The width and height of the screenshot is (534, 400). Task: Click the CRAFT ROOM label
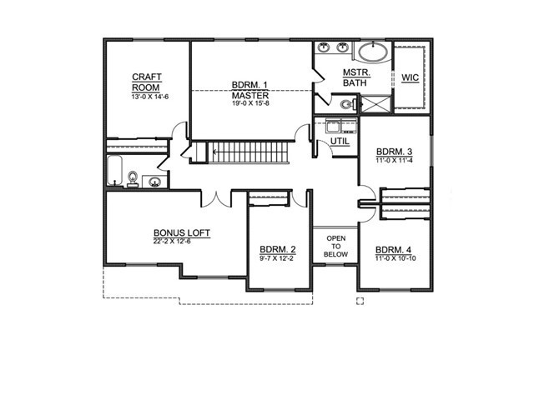pyautogui.click(x=147, y=82)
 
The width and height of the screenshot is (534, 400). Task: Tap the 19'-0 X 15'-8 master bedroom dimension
pyautogui.click(x=250, y=102)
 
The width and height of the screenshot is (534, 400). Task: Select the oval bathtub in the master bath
pyautogui.click(x=373, y=52)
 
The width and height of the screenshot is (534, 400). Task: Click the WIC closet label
pyautogui.click(x=410, y=77)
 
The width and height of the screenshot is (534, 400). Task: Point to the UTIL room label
pyautogui.click(x=340, y=141)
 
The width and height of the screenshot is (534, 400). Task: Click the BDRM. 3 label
pyautogui.click(x=394, y=152)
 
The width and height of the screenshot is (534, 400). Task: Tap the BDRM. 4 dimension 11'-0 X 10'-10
pyautogui.click(x=395, y=258)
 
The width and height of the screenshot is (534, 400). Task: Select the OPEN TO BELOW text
pyautogui.click(x=335, y=247)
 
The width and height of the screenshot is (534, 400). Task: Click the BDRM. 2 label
pyautogui.click(x=278, y=249)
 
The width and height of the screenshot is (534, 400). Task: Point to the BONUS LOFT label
pyautogui.click(x=182, y=233)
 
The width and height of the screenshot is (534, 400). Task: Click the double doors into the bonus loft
pyautogui.click(x=217, y=200)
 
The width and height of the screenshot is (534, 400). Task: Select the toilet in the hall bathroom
pyautogui.click(x=133, y=179)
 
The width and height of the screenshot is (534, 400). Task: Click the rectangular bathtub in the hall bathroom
pyautogui.click(x=114, y=171)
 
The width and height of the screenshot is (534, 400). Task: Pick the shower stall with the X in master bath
pyautogui.click(x=375, y=103)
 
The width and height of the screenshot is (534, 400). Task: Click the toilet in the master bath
pyautogui.click(x=347, y=104)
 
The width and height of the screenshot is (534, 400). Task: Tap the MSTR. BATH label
pyautogui.click(x=355, y=77)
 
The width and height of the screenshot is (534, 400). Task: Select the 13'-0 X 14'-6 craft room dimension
pyautogui.click(x=150, y=97)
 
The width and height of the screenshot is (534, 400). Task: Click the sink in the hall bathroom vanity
pyautogui.click(x=155, y=182)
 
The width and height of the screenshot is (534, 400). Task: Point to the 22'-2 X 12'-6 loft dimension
pyautogui.click(x=172, y=242)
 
